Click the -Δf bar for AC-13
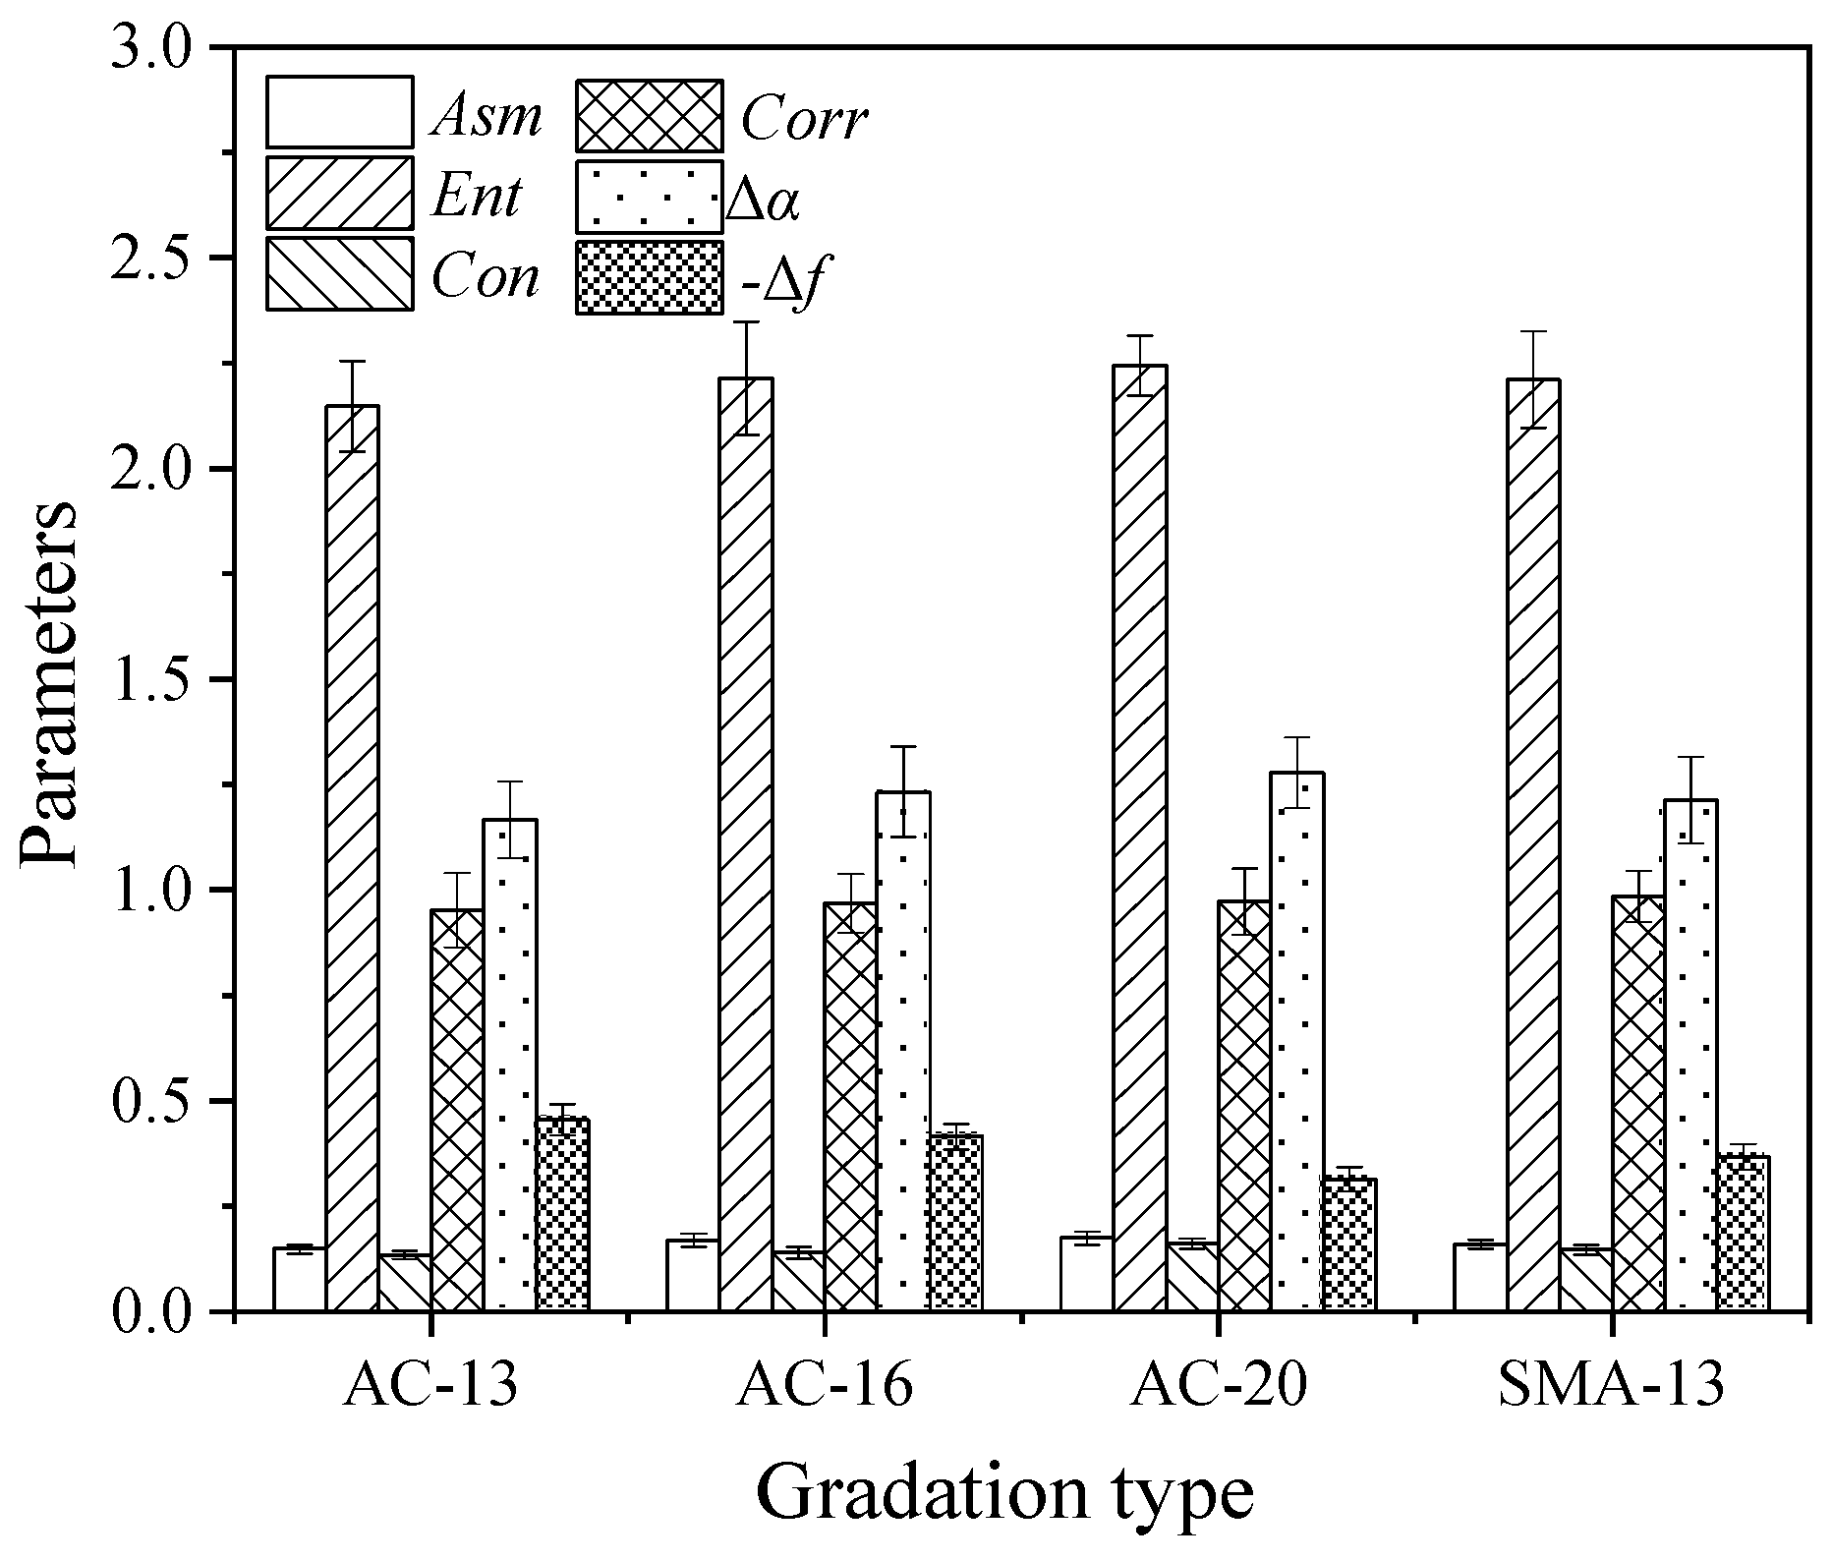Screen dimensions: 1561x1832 [562, 1214]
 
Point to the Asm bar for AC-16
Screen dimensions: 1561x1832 [692, 1275]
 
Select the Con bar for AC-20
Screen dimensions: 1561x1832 [1192, 1277]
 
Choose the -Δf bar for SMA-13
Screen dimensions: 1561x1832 [1743, 1233]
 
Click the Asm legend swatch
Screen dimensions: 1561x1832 [339, 112]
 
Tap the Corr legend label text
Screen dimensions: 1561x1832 [803, 120]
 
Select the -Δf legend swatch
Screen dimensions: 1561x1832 [649, 277]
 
